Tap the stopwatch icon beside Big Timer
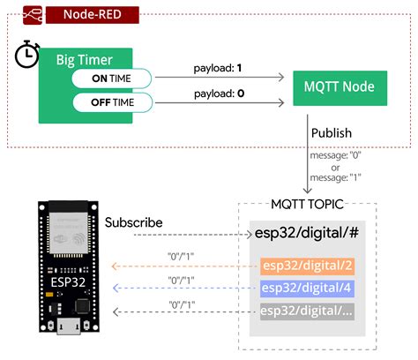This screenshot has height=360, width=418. coord(26,56)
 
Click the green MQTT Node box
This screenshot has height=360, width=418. coord(339,86)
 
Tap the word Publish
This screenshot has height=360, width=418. coord(331,133)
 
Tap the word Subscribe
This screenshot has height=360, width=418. coord(133,223)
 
